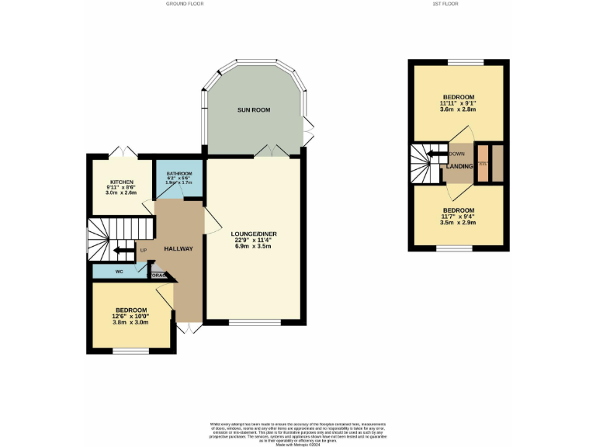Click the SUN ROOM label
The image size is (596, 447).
[x=254, y=110]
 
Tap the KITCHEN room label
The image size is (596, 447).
[x=121, y=182]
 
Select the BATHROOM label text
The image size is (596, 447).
[x=178, y=173]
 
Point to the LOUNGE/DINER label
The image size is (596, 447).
[x=254, y=234]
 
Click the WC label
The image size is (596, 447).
[x=120, y=272]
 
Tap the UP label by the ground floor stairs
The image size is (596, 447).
[x=143, y=251]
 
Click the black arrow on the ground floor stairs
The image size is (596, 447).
[x=120, y=251]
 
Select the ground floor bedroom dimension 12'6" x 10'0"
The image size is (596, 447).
[x=131, y=316]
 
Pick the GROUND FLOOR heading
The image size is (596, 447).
[x=184, y=4]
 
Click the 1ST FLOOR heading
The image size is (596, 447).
[x=445, y=4]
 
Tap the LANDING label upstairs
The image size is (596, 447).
[x=459, y=166]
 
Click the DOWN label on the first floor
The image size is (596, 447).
[x=457, y=154]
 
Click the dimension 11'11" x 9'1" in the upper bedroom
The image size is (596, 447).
[x=458, y=103]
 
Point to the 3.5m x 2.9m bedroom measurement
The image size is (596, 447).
[x=458, y=223]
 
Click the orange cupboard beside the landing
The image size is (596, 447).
[x=483, y=164]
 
